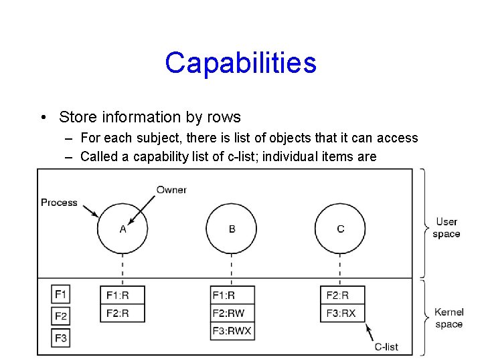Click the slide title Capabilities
point(240,63)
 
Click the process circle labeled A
point(123,229)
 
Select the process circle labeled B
point(232,229)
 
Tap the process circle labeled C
point(340,229)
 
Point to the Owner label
point(171,190)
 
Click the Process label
point(59,203)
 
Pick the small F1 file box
point(61,294)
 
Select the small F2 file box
point(61,316)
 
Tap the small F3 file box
point(61,338)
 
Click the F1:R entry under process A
point(123,295)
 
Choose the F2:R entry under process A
point(123,313)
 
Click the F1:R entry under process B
point(232,295)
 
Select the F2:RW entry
point(232,313)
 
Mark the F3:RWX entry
point(232,331)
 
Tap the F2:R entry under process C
point(343,295)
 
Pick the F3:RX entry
point(343,313)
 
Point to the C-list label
point(386,346)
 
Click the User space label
point(447,228)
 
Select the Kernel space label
point(449,318)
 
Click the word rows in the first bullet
point(224,118)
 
